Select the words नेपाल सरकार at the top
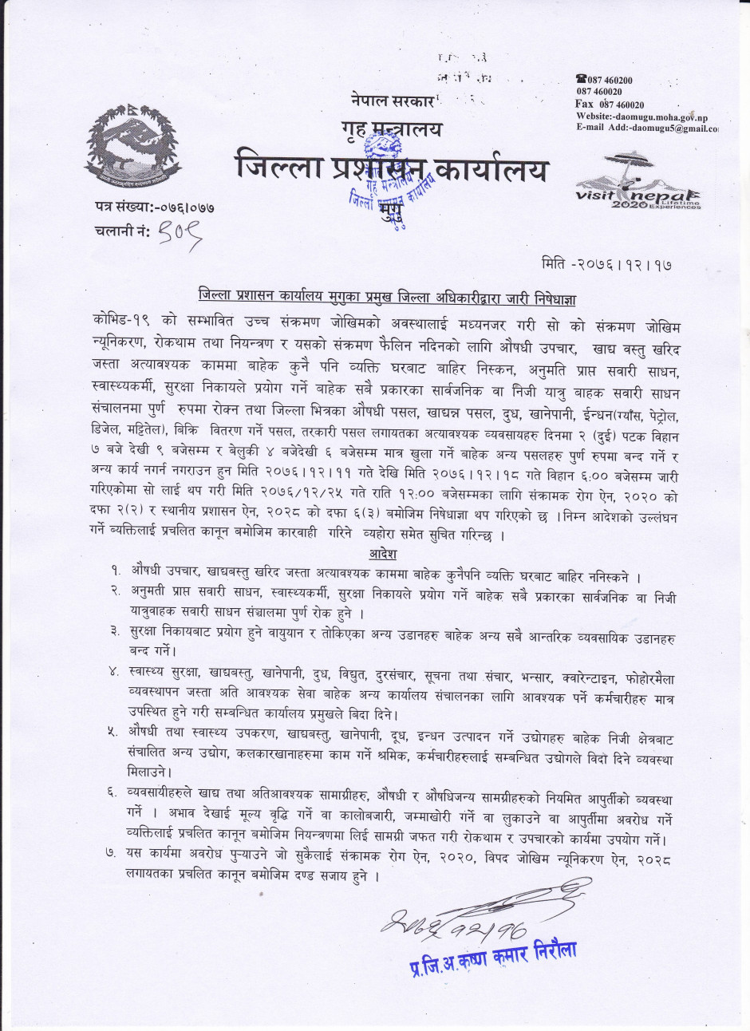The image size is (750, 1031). [391, 101]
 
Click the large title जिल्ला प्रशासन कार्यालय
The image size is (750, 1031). [393, 169]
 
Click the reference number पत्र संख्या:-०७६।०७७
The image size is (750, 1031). [154, 207]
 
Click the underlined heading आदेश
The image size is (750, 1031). [383, 554]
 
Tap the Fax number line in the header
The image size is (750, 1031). [610, 105]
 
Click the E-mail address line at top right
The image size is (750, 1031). [646, 128]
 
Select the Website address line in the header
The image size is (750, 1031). [642, 117]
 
